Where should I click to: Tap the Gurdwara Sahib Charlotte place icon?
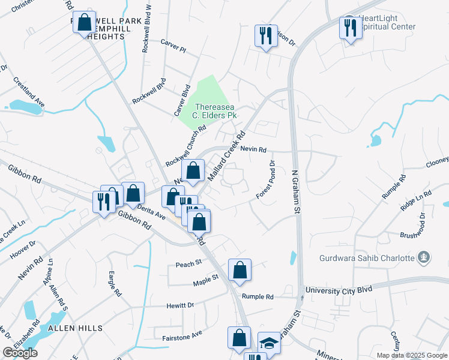pyautogui.click(x=425, y=257)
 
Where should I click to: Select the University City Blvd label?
pyautogui.click(x=338, y=290)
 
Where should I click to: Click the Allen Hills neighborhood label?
pyautogui.click(x=75, y=328)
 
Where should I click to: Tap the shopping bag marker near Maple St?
pyautogui.click(x=240, y=271)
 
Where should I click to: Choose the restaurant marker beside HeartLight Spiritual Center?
pyautogui.click(x=348, y=28)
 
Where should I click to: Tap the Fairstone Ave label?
pyautogui.click(x=182, y=338)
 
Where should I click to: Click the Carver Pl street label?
pyautogui.click(x=174, y=43)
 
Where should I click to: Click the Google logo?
pyautogui.click(x=20, y=353)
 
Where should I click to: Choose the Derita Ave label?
pyautogui.click(x=151, y=210)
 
